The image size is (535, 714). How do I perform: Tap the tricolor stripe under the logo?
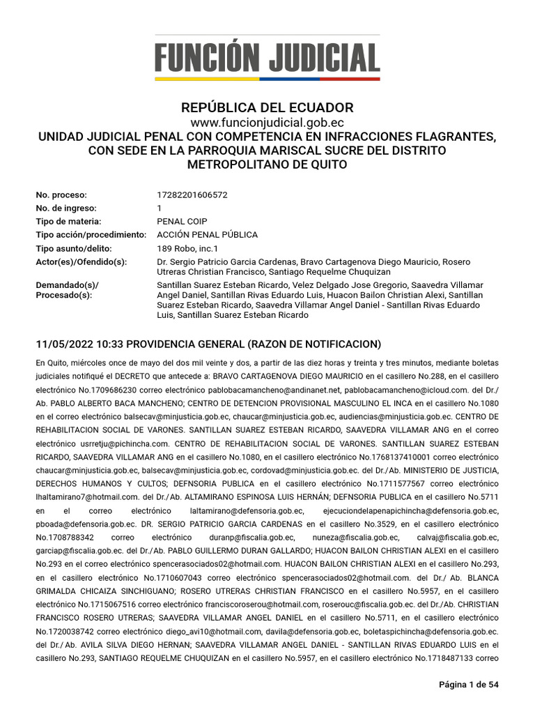(267, 79)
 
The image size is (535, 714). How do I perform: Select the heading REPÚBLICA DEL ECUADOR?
(267, 108)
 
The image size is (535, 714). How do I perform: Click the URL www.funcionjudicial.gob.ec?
(267, 123)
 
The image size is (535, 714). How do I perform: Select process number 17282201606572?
(192, 195)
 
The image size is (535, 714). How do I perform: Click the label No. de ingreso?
(66, 208)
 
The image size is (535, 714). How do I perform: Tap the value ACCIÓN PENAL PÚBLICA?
(208, 235)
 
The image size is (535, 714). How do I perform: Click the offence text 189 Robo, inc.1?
(188, 248)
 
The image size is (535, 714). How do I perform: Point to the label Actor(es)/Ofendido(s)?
(82, 261)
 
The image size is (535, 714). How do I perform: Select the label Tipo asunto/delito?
(74, 248)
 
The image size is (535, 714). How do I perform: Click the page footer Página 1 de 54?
(468, 685)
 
